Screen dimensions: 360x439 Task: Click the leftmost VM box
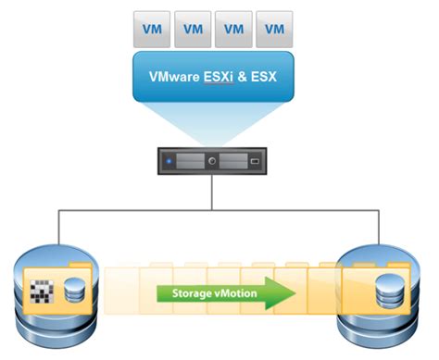pos(153,28)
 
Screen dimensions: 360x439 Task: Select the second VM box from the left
pos(194,28)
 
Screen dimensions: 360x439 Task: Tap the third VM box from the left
pos(234,28)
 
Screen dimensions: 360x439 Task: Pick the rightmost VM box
pos(275,28)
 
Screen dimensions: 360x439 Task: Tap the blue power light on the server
pos(169,163)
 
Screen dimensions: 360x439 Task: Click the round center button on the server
pos(213,163)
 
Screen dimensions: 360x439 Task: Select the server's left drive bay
pos(191,163)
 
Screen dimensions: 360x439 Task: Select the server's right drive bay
pos(234,163)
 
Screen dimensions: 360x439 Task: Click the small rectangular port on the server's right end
pos(256,163)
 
